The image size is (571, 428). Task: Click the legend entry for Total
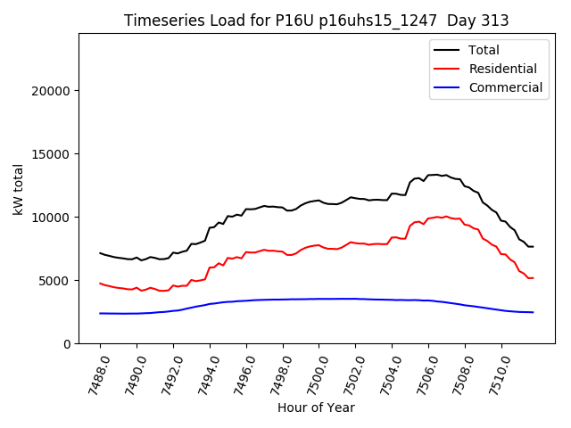[x=484, y=50]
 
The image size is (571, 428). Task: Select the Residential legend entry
[x=502, y=69]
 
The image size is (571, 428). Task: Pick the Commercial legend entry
[x=505, y=87]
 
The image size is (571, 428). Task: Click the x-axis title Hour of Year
[x=316, y=407]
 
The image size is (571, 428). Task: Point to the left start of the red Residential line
[x=100, y=284]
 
